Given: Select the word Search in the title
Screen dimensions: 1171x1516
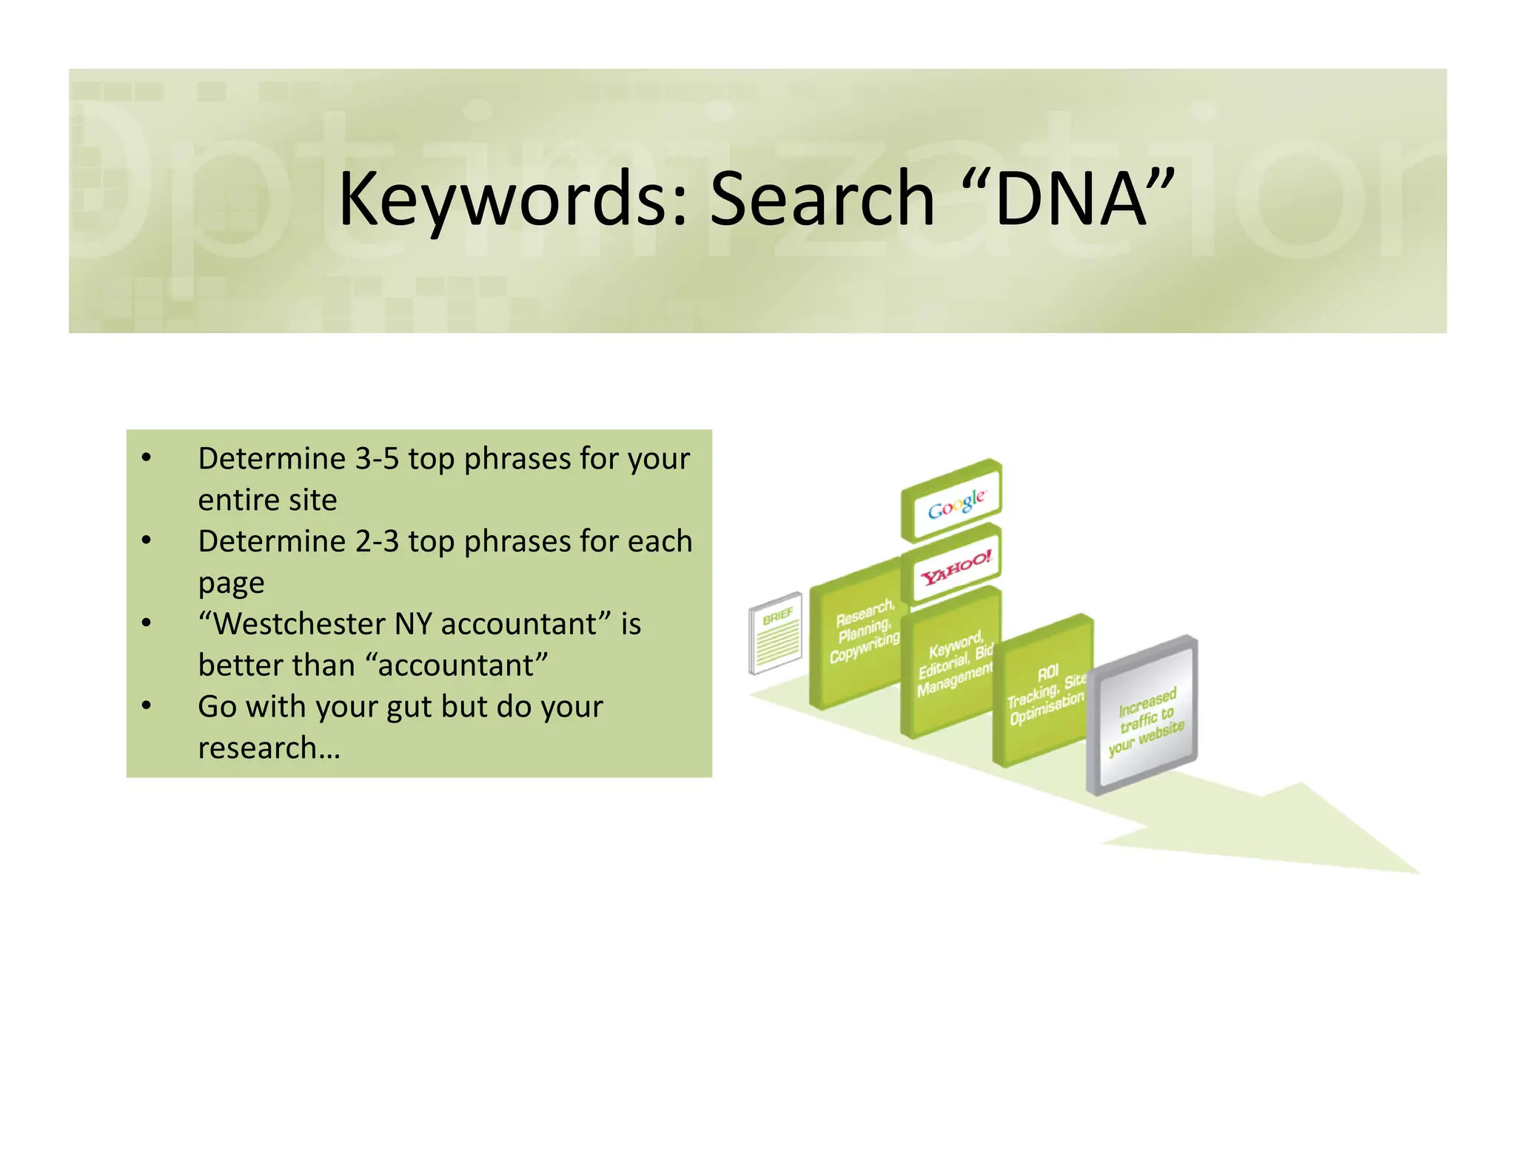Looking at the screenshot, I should [822, 198].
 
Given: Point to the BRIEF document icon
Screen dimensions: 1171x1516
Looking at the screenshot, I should [776, 633].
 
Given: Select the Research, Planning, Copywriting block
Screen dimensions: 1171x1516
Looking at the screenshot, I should [859, 637].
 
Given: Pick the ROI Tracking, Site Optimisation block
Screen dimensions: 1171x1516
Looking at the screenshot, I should [1044, 692].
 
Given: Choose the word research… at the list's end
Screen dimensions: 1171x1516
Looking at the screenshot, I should [269, 748].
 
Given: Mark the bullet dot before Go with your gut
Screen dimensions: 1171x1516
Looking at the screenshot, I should [147, 705].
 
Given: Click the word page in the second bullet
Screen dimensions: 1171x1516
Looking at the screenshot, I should [231, 584].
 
